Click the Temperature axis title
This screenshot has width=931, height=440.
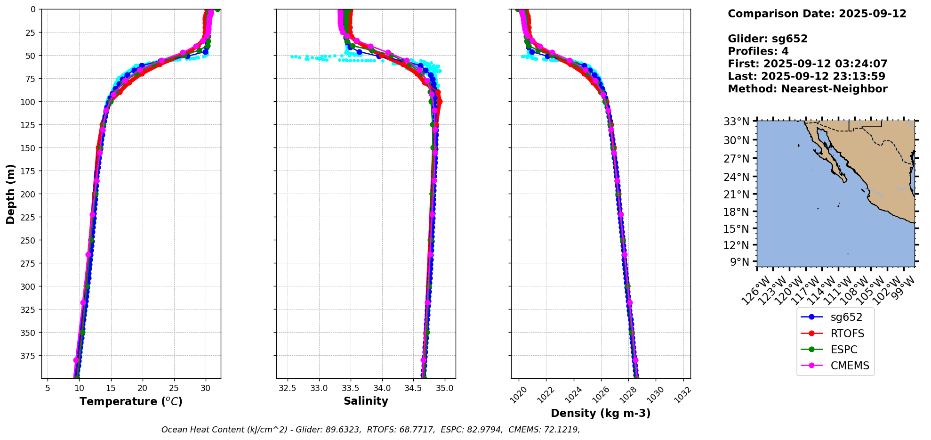[x=131, y=401]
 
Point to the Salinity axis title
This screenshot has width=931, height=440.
[x=366, y=401]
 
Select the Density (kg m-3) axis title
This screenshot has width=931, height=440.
[x=601, y=413]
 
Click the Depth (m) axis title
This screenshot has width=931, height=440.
[x=11, y=194]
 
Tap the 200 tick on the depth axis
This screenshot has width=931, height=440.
[x=29, y=194]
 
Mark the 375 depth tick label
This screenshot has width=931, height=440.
[x=29, y=356]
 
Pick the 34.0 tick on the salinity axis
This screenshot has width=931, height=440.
[x=382, y=388]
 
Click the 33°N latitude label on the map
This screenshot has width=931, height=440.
[x=736, y=122]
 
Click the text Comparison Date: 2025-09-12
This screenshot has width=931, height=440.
[x=817, y=14]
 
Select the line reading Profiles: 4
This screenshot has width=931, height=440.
[x=758, y=51]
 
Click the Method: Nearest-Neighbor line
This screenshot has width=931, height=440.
[x=807, y=89]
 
